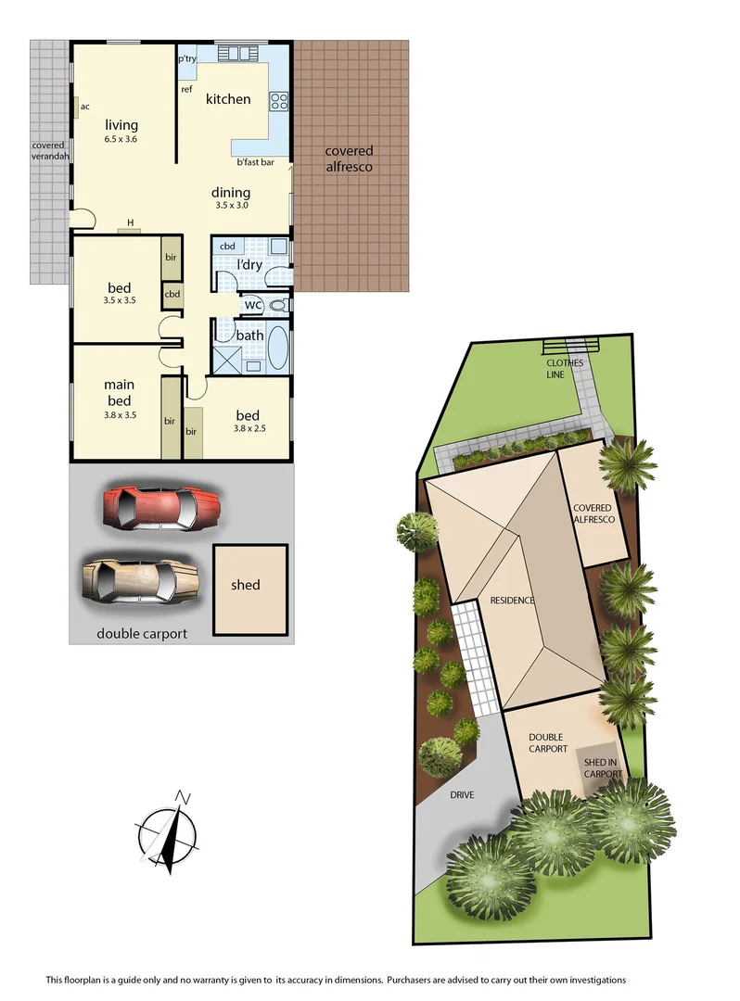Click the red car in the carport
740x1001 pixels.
163,508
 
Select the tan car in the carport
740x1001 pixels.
141,582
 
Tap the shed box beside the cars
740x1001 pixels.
246,586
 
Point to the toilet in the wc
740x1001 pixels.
277,305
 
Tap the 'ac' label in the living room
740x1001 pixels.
84,107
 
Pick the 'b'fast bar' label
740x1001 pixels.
255,162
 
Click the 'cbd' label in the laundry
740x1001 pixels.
227,247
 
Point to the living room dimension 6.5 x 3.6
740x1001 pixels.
121,140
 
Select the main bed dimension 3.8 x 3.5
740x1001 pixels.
119,415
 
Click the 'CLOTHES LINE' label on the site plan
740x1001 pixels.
565,369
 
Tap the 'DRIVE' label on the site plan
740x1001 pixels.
462,794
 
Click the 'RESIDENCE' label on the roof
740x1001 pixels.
513,601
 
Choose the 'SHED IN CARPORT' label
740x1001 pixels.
601,767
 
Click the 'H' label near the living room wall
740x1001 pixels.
131,222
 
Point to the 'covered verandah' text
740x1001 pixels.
48,152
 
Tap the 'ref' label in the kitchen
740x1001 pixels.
186,90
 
